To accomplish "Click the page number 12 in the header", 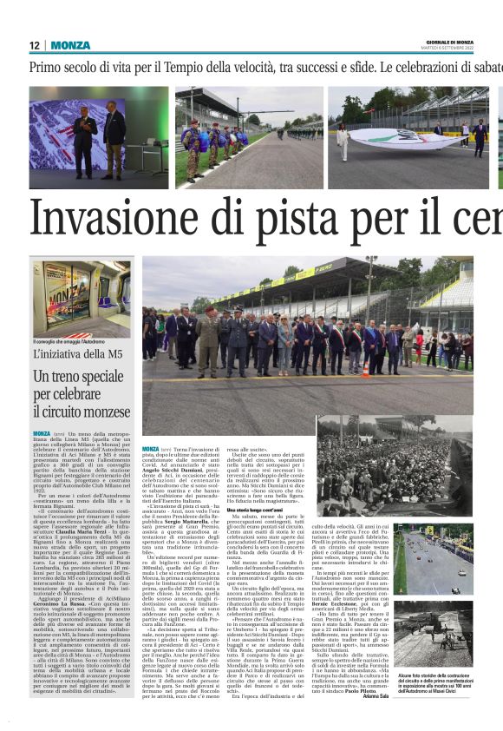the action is (35, 45).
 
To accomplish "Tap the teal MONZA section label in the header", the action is (70, 45).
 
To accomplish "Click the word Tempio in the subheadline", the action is (209, 67).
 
